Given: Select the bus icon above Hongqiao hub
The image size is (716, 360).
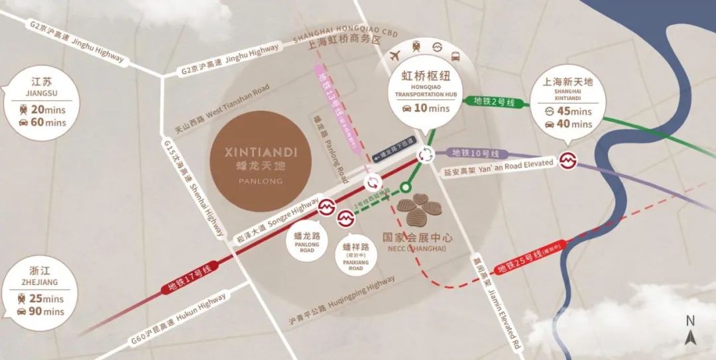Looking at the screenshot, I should [x=455, y=56].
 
